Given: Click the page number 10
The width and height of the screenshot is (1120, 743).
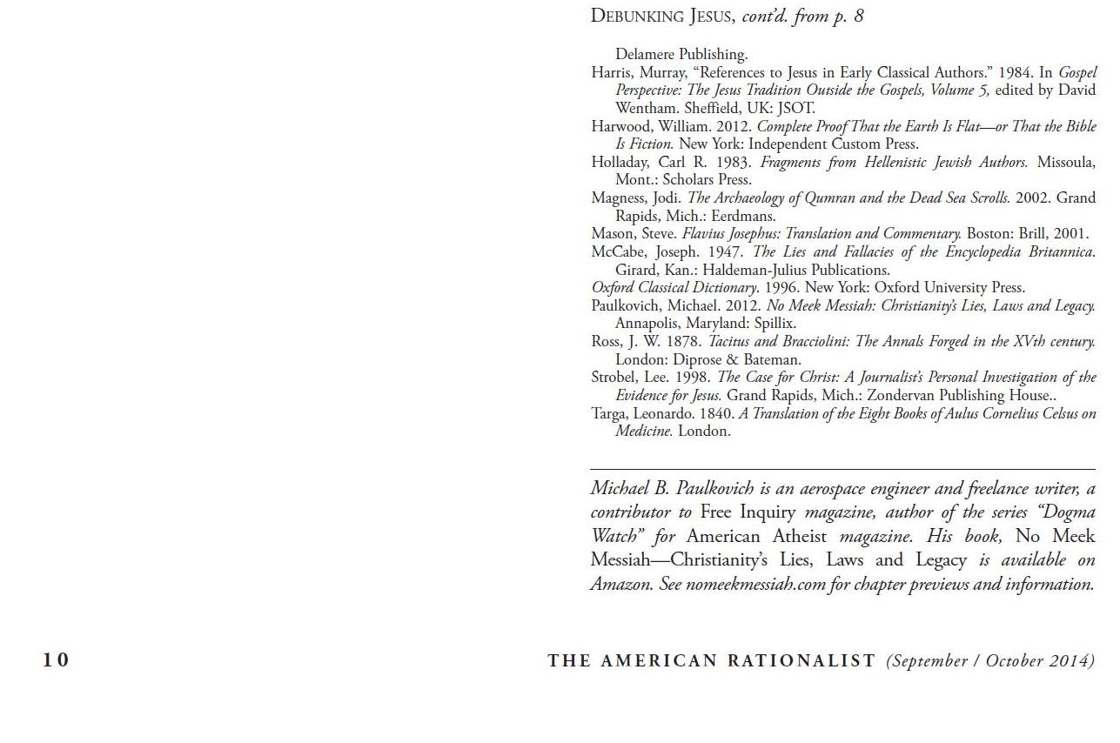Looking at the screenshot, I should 56,660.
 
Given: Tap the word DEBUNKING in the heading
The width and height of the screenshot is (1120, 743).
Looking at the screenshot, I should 637,16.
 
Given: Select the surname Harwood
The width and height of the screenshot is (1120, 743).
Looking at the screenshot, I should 620,126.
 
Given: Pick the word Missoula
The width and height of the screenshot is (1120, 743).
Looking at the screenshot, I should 1066,162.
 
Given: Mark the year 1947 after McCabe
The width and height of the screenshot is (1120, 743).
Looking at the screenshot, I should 726,251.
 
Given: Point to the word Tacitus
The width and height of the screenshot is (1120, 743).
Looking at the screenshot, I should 729,341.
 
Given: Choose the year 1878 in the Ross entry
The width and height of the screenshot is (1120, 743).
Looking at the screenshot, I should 683,341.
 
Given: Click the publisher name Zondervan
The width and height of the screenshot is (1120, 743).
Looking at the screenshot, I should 898,395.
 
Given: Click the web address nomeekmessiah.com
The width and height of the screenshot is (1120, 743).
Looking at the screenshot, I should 754,584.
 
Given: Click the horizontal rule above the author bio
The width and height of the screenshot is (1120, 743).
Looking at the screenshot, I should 842,470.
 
